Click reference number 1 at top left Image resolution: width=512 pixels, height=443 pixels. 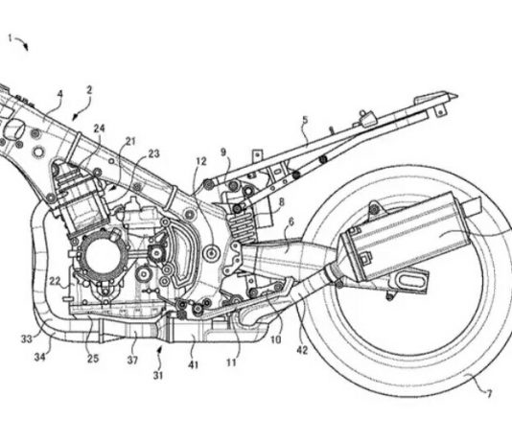[11, 38]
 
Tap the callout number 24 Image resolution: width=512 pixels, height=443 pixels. [100, 128]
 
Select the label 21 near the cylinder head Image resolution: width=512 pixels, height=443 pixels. [130, 141]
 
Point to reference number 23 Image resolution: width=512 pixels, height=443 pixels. [153, 153]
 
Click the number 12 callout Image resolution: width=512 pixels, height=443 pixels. [201, 161]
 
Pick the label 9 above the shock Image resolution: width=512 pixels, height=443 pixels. [223, 152]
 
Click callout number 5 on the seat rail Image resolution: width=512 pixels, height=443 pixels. [305, 120]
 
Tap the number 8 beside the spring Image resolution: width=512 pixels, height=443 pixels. [281, 201]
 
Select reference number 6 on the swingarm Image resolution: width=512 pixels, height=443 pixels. [291, 222]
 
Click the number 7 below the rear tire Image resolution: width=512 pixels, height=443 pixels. [489, 394]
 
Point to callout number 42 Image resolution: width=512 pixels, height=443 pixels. [302, 350]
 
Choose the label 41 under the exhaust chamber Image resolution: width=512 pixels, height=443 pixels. [193, 364]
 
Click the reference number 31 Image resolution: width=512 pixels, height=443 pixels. [158, 376]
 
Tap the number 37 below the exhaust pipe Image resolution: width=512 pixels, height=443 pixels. [132, 361]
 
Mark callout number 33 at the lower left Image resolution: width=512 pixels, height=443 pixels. [27, 339]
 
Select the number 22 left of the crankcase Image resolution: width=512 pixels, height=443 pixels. [55, 281]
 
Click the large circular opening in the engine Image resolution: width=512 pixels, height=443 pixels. [103, 257]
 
